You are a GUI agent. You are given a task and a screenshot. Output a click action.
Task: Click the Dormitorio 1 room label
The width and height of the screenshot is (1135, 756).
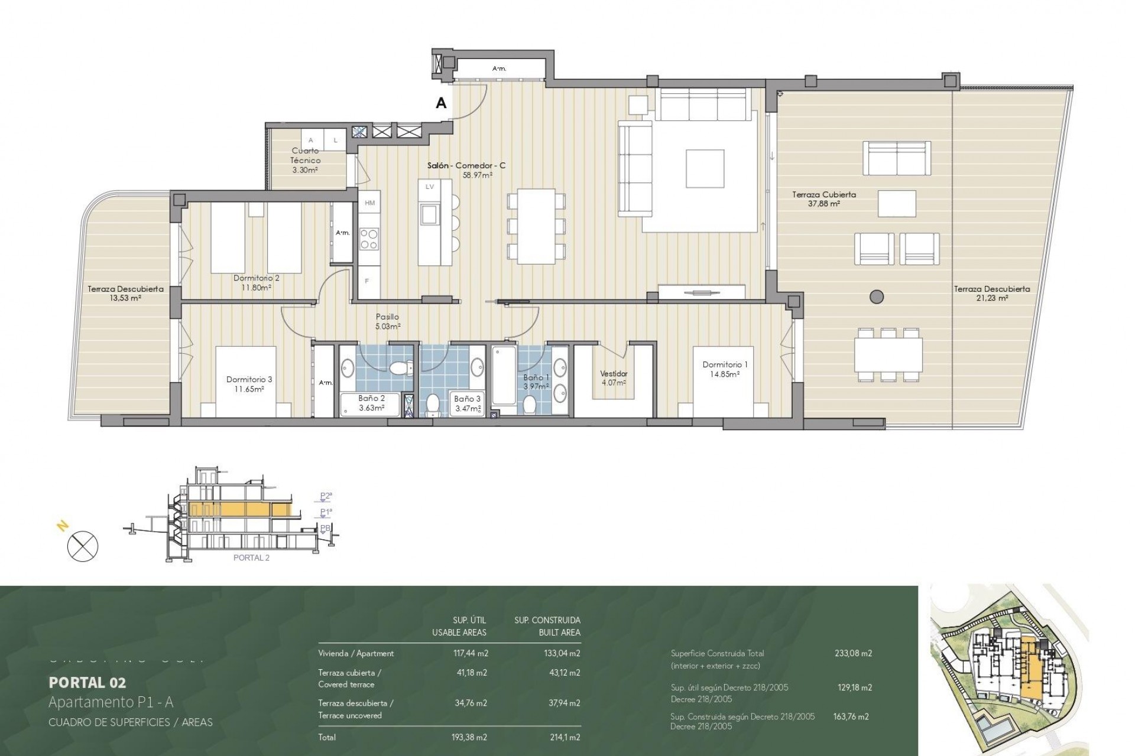(x=721, y=369)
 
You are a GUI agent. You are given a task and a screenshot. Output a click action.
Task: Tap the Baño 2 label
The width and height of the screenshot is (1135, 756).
(x=371, y=403)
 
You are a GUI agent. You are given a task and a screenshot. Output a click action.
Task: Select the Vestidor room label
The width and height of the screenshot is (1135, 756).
(x=614, y=377)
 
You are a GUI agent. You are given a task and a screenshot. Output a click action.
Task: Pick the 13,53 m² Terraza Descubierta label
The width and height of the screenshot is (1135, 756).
(x=125, y=294)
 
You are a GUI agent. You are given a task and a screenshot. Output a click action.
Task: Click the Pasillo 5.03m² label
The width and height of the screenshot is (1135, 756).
(x=387, y=321)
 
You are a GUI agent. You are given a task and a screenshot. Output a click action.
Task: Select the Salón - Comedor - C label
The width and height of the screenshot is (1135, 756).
(x=466, y=170)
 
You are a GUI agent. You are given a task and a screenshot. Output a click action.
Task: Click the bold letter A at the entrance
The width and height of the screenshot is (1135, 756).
(x=440, y=103)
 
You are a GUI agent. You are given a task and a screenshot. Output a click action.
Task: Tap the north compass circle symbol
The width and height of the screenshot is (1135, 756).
(x=83, y=546)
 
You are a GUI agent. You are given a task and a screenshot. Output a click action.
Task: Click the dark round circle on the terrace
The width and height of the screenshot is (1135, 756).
(x=877, y=296)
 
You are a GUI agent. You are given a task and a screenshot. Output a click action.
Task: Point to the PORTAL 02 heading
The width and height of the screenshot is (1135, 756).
(x=87, y=683)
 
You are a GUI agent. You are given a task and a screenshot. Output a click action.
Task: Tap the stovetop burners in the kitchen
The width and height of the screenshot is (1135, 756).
(x=369, y=239)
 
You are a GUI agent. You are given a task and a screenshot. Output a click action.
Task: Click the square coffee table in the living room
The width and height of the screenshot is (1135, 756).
(x=705, y=170)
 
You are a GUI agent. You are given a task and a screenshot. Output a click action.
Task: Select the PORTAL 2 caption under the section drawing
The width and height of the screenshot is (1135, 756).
(x=251, y=558)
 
